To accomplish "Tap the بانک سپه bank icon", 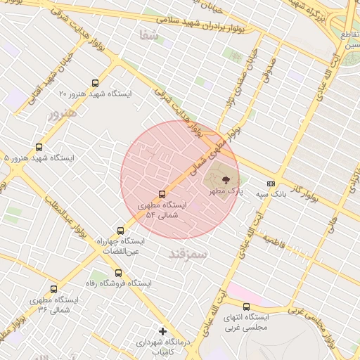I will pos(271,183).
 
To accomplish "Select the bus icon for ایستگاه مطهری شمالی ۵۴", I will pos(162,194).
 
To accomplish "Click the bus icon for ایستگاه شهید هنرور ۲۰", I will pos(96,83).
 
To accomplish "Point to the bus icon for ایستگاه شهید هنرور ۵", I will pos(39,148).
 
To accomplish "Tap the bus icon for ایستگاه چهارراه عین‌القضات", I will pos(121,230).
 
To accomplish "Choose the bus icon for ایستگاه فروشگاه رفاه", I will pos(118,273).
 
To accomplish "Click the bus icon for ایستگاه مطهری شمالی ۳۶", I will pos(54,289).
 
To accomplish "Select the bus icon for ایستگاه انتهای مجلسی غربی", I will pos(246,307).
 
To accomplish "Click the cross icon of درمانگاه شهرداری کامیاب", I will pos(162,330).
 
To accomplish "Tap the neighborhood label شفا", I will pos(149,34).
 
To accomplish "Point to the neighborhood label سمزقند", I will pos(188,252).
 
